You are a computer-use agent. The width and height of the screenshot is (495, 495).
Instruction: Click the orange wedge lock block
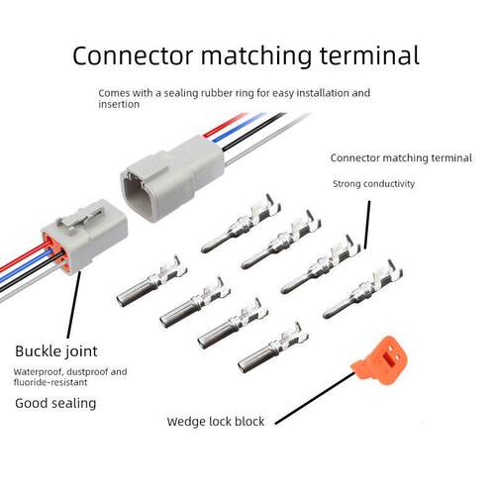(x=380, y=360)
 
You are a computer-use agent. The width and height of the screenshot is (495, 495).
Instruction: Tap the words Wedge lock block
(x=216, y=422)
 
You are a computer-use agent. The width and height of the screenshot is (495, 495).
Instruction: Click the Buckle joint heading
(x=56, y=351)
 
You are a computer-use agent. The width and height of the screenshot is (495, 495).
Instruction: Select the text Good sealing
(x=55, y=404)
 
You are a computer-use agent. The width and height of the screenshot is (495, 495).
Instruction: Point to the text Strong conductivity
(x=373, y=184)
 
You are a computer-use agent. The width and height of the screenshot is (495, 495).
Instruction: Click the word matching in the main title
(x=256, y=56)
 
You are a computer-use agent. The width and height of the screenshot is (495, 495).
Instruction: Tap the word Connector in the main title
(x=133, y=55)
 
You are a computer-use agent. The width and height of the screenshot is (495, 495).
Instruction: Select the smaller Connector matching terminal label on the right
(x=401, y=158)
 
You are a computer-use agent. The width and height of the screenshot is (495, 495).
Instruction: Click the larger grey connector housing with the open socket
(x=172, y=178)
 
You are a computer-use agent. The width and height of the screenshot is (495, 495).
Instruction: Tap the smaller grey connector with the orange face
(x=84, y=237)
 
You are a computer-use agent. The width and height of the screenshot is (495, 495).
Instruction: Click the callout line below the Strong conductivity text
(x=367, y=225)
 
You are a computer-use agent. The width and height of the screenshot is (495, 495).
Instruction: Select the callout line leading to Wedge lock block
(x=314, y=398)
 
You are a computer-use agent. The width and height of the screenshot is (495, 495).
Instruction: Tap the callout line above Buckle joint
(x=73, y=304)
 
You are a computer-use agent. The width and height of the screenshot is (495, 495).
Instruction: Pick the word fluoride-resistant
(x=50, y=382)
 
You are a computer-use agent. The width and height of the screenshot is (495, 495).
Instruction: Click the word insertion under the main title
(x=119, y=104)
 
